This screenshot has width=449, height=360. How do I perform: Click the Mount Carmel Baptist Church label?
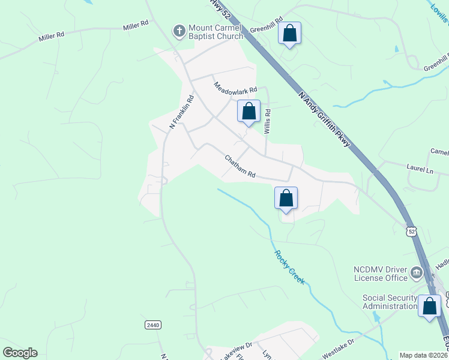(215, 32)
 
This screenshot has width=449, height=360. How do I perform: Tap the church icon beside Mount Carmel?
(179, 30)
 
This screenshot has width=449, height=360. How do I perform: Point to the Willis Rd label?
(268, 120)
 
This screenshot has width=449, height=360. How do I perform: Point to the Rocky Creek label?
(289, 267)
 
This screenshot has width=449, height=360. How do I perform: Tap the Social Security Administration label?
(390, 302)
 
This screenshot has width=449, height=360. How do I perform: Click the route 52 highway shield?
(411, 232)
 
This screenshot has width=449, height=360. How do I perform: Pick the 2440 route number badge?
(153, 325)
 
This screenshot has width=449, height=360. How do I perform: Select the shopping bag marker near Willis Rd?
(249, 112)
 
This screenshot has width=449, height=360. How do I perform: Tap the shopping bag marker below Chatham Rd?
(286, 198)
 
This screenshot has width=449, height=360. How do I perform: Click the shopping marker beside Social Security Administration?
(430, 307)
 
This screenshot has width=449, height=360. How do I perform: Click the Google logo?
(20, 353)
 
